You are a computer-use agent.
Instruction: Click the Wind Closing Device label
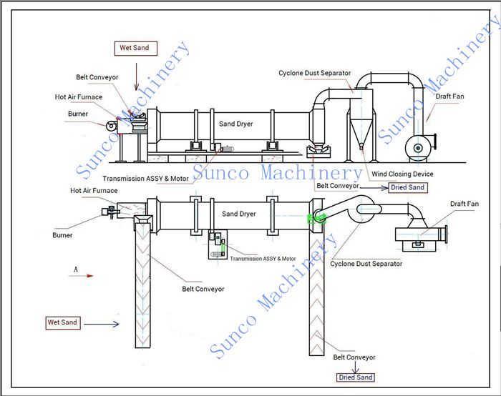(402, 174)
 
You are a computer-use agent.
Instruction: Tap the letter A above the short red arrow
(75, 269)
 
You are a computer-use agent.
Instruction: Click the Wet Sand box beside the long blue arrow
(62, 322)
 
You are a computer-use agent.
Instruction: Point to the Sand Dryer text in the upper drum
(236, 124)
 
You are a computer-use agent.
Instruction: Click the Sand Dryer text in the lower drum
(239, 214)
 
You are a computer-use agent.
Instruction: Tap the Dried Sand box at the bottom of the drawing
(355, 377)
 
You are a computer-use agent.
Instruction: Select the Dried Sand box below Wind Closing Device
(407, 187)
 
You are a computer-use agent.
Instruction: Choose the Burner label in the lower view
(62, 234)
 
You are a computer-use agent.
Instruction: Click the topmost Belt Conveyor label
(97, 77)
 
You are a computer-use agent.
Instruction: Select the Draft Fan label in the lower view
(464, 204)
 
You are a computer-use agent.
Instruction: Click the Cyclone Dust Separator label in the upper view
(315, 73)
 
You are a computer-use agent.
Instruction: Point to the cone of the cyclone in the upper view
(360, 132)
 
